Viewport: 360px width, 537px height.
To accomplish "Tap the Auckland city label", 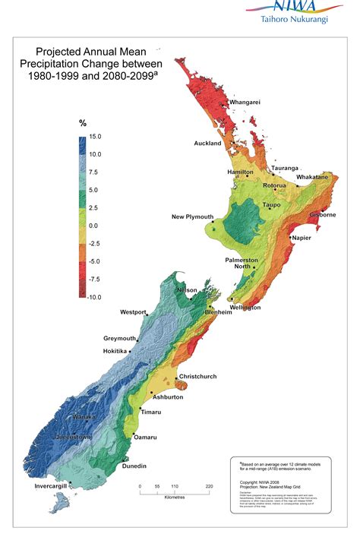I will [207, 143].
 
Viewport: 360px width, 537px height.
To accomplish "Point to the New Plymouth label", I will [192, 217].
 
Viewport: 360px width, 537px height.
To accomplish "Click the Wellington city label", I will [245, 308].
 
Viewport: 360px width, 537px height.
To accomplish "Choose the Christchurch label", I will [199, 376].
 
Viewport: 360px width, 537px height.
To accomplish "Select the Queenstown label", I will [72, 437].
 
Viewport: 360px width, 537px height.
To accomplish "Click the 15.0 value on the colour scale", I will [95, 137].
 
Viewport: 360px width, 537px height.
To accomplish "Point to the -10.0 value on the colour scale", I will [94, 297].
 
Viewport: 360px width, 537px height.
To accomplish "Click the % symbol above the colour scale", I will [83, 123].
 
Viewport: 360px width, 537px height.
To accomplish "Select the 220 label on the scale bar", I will [209, 486].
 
